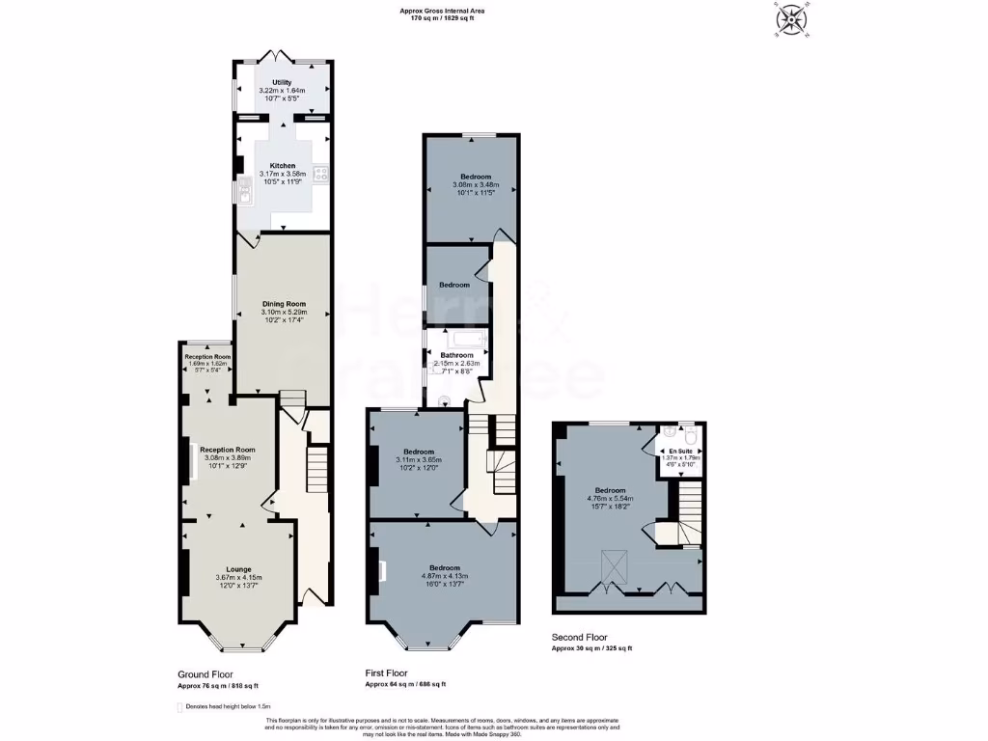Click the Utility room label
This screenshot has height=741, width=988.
pos(282,83)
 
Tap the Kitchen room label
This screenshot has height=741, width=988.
pos(282,166)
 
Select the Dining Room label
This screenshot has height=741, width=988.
pos(283,304)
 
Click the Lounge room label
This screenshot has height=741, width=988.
pos(238,569)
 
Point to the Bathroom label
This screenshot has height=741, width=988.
pos(456,355)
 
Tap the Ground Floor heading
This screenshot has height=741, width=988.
pos(205,674)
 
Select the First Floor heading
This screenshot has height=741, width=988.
pos(386,673)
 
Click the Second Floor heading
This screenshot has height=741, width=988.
pos(582,638)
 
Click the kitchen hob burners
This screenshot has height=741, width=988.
pos(319,175)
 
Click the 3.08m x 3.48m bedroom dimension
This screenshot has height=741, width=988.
pos(476,185)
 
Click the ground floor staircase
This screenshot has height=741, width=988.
pos(316,469)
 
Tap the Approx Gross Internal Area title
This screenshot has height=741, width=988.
pos(442,11)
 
